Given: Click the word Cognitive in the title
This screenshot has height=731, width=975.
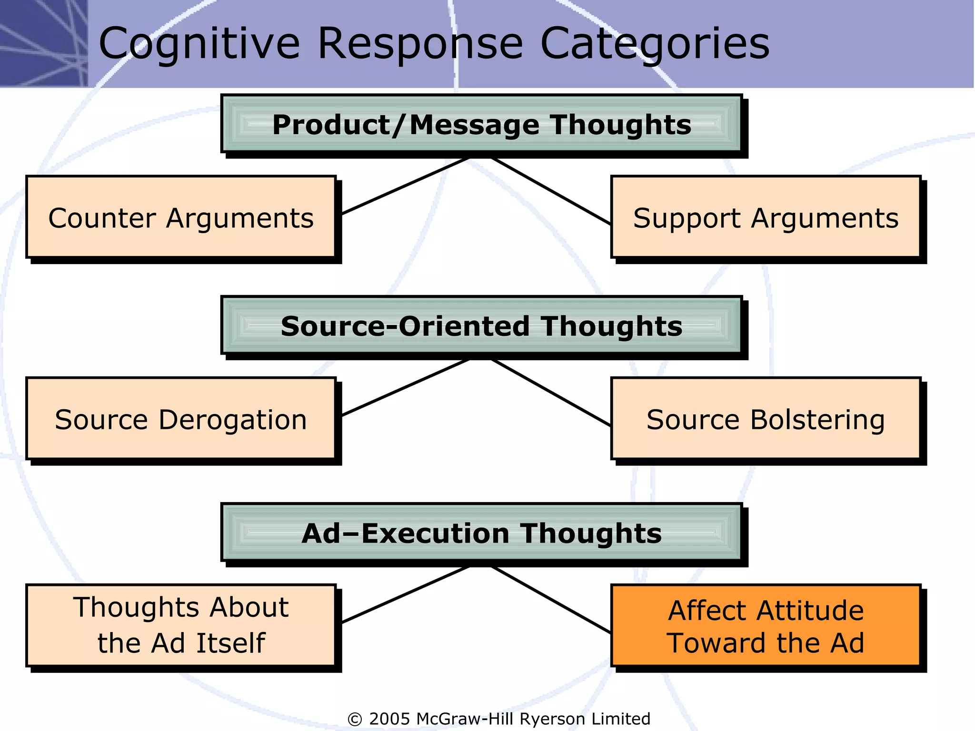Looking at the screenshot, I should point(199,44).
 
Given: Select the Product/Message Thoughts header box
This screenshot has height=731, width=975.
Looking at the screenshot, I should point(482,125).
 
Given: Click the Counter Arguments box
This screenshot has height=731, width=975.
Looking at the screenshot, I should point(181,218).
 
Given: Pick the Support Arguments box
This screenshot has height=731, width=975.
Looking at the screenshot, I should point(766,218).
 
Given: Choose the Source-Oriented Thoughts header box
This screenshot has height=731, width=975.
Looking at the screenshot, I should point(482,326).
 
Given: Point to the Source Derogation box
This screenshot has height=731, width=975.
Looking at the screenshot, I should point(181,419).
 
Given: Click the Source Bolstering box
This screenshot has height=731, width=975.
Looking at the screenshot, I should point(766,419).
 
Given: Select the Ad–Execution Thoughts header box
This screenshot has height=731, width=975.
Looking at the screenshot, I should point(482,533).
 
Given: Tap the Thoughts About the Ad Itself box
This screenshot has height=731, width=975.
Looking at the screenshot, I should point(181,625).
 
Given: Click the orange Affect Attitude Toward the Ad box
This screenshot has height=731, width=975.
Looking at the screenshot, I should point(766,626).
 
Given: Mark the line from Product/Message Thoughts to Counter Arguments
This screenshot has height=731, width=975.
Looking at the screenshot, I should point(406,186).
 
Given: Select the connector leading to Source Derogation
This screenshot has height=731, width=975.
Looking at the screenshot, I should point(406,387).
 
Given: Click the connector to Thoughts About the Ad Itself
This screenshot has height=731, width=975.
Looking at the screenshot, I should point(406,594).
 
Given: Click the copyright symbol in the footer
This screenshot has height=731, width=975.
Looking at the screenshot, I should point(355,719).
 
